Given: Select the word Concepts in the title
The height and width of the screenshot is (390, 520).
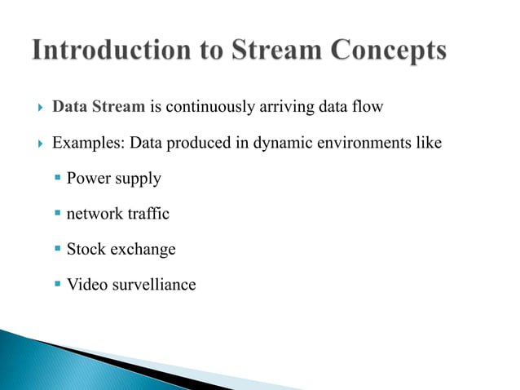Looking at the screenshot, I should (x=382, y=52).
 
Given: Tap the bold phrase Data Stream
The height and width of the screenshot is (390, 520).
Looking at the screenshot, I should (x=99, y=107).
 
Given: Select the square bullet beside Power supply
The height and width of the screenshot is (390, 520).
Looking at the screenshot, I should (x=58, y=178).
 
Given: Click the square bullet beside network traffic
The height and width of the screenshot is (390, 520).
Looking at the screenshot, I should (x=58, y=214).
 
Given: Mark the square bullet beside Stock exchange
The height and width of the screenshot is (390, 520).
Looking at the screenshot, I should (x=58, y=249).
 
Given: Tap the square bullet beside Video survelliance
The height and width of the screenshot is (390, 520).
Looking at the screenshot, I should (x=58, y=285).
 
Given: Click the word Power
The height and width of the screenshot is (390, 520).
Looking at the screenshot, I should (x=88, y=178).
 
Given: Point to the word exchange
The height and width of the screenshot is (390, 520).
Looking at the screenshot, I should (x=143, y=250).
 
